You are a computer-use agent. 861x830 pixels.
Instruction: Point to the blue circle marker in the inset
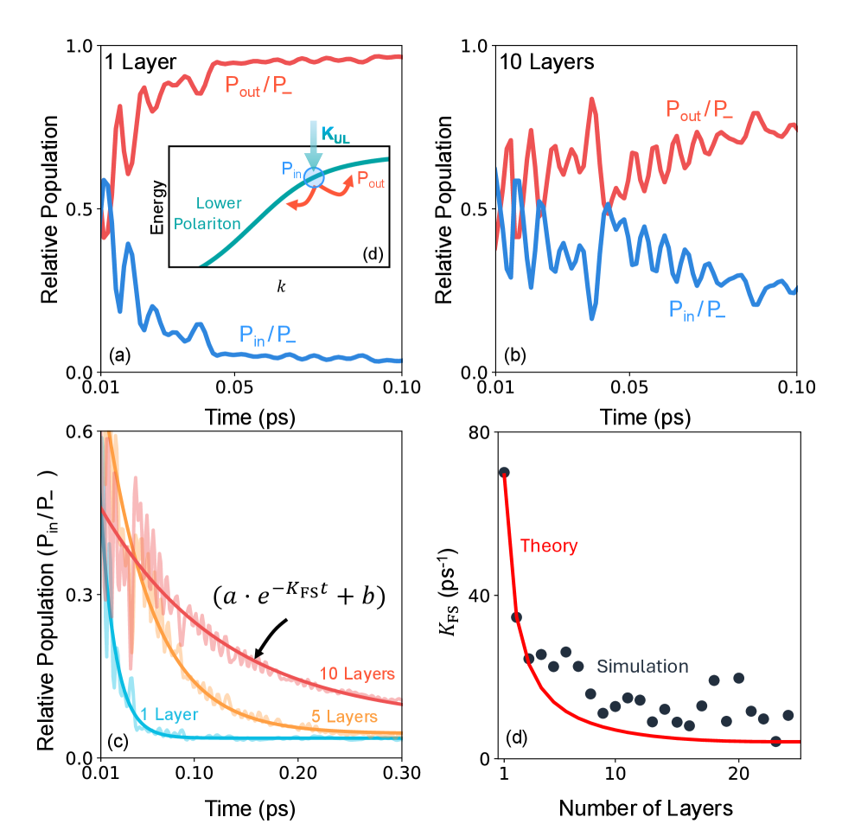pyautogui.click(x=314, y=177)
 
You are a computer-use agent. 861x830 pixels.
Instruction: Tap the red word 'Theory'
pyautogui.click(x=548, y=546)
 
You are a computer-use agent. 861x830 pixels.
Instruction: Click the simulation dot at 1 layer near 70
pyautogui.click(x=504, y=472)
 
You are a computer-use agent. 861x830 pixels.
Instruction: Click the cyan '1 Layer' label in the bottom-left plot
pyautogui.click(x=169, y=714)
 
